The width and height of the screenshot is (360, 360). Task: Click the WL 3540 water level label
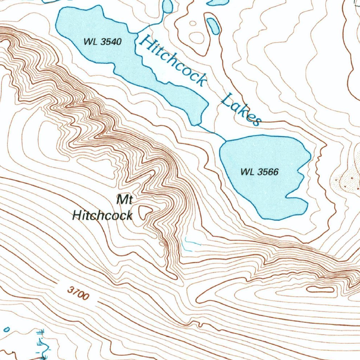click(x=102, y=42)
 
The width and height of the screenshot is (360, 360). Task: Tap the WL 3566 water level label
click(x=259, y=172)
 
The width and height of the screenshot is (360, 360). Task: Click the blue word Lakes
click(x=241, y=109)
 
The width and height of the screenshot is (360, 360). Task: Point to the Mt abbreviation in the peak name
click(x=124, y=200)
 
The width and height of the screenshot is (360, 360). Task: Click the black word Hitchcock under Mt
click(x=102, y=215)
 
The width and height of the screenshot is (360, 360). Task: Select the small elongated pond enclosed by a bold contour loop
click(x=213, y=26)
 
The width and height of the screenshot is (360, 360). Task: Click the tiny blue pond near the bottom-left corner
click(x=6, y=329)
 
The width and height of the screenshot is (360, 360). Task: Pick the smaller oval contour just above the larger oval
click(x=193, y=24)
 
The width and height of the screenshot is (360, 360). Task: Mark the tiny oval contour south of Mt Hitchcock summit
click(x=162, y=243)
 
